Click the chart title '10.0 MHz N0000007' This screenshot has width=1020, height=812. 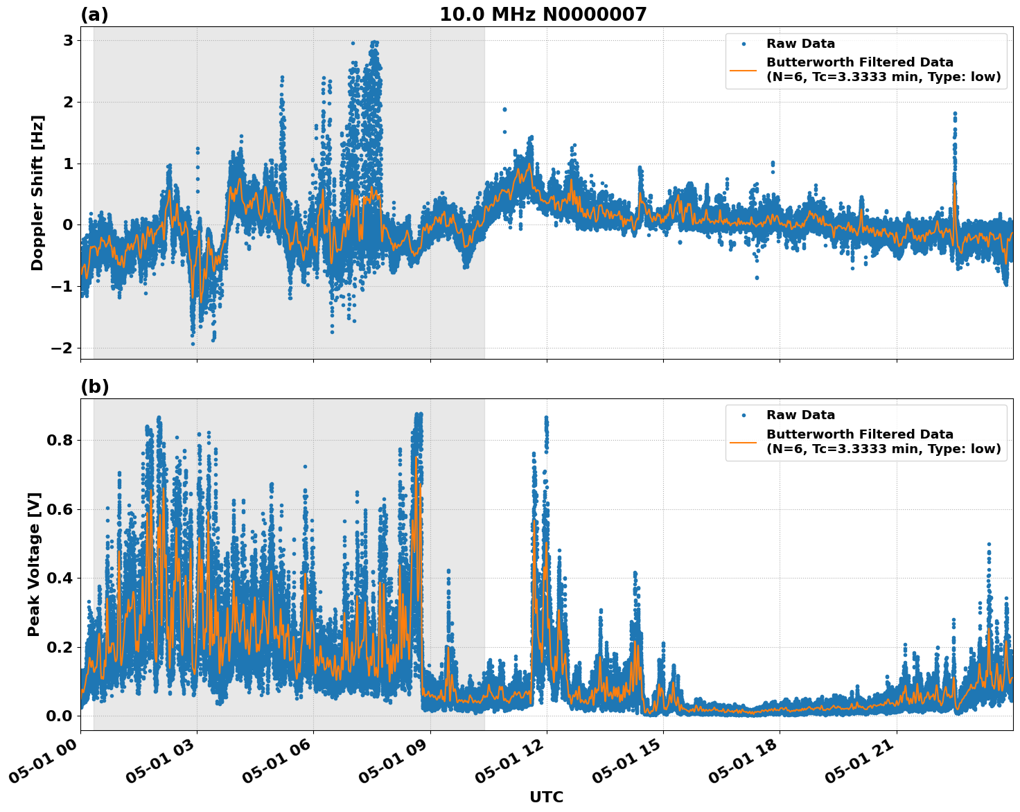click(x=543, y=15)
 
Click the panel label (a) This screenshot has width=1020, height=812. click(x=94, y=15)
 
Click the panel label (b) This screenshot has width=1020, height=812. click(x=94, y=387)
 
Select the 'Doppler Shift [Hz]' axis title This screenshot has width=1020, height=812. click(x=37, y=193)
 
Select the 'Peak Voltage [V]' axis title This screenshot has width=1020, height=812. click(x=34, y=564)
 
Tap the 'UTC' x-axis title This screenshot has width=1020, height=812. click(x=546, y=797)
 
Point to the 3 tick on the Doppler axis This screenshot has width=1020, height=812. click(x=68, y=41)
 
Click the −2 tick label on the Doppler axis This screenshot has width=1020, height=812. click(x=62, y=348)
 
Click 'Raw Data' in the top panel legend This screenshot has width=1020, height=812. click(x=800, y=44)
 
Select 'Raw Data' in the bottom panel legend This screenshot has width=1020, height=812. click(x=800, y=415)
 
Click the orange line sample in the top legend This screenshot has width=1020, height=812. click(x=743, y=70)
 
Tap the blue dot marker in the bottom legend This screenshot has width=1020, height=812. click(x=743, y=415)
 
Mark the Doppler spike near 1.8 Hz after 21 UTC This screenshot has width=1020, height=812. click(x=954, y=114)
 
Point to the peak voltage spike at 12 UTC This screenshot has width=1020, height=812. click(x=546, y=419)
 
